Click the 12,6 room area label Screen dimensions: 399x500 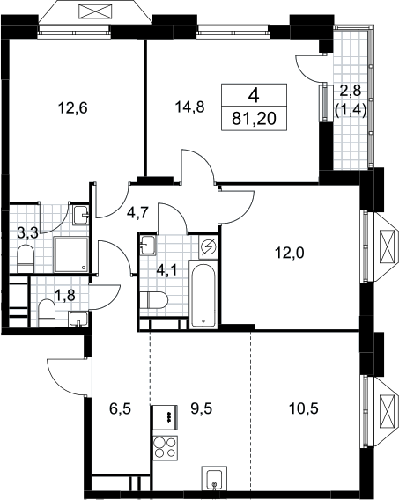(x=73, y=108)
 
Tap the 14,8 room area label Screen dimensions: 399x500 (x=189, y=107)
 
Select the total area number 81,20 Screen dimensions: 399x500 (x=254, y=119)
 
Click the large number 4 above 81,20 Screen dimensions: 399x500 (x=255, y=95)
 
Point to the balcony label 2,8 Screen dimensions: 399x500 (x=350, y=92)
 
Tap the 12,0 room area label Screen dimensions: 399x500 (x=290, y=254)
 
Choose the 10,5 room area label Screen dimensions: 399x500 (x=303, y=408)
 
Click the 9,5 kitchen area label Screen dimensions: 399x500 (x=201, y=408)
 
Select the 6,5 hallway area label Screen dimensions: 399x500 (x=121, y=408)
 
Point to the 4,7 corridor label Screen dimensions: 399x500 (x=137, y=213)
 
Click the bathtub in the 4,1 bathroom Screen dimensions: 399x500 (x=203, y=294)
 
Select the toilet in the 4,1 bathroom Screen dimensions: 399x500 (x=154, y=300)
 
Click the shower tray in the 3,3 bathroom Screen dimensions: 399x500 (x=70, y=254)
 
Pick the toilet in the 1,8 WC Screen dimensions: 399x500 (x=47, y=312)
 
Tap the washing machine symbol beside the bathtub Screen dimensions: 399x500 (x=208, y=246)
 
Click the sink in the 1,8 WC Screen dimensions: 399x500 (x=78, y=320)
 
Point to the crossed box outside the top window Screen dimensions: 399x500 (x=96, y=11)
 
